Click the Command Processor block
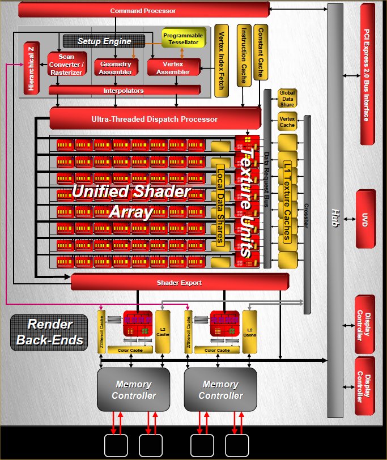[x=143, y=10]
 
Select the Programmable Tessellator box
[x=183, y=39]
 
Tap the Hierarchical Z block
[x=31, y=68]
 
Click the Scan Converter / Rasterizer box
[x=67, y=65]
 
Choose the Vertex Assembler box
[x=173, y=68]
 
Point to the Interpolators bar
[x=124, y=91]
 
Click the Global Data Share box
[x=287, y=97]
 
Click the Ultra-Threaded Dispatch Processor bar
[x=154, y=119]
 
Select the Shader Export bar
[x=179, y=283]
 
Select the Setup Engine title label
[x=104, y=41]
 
